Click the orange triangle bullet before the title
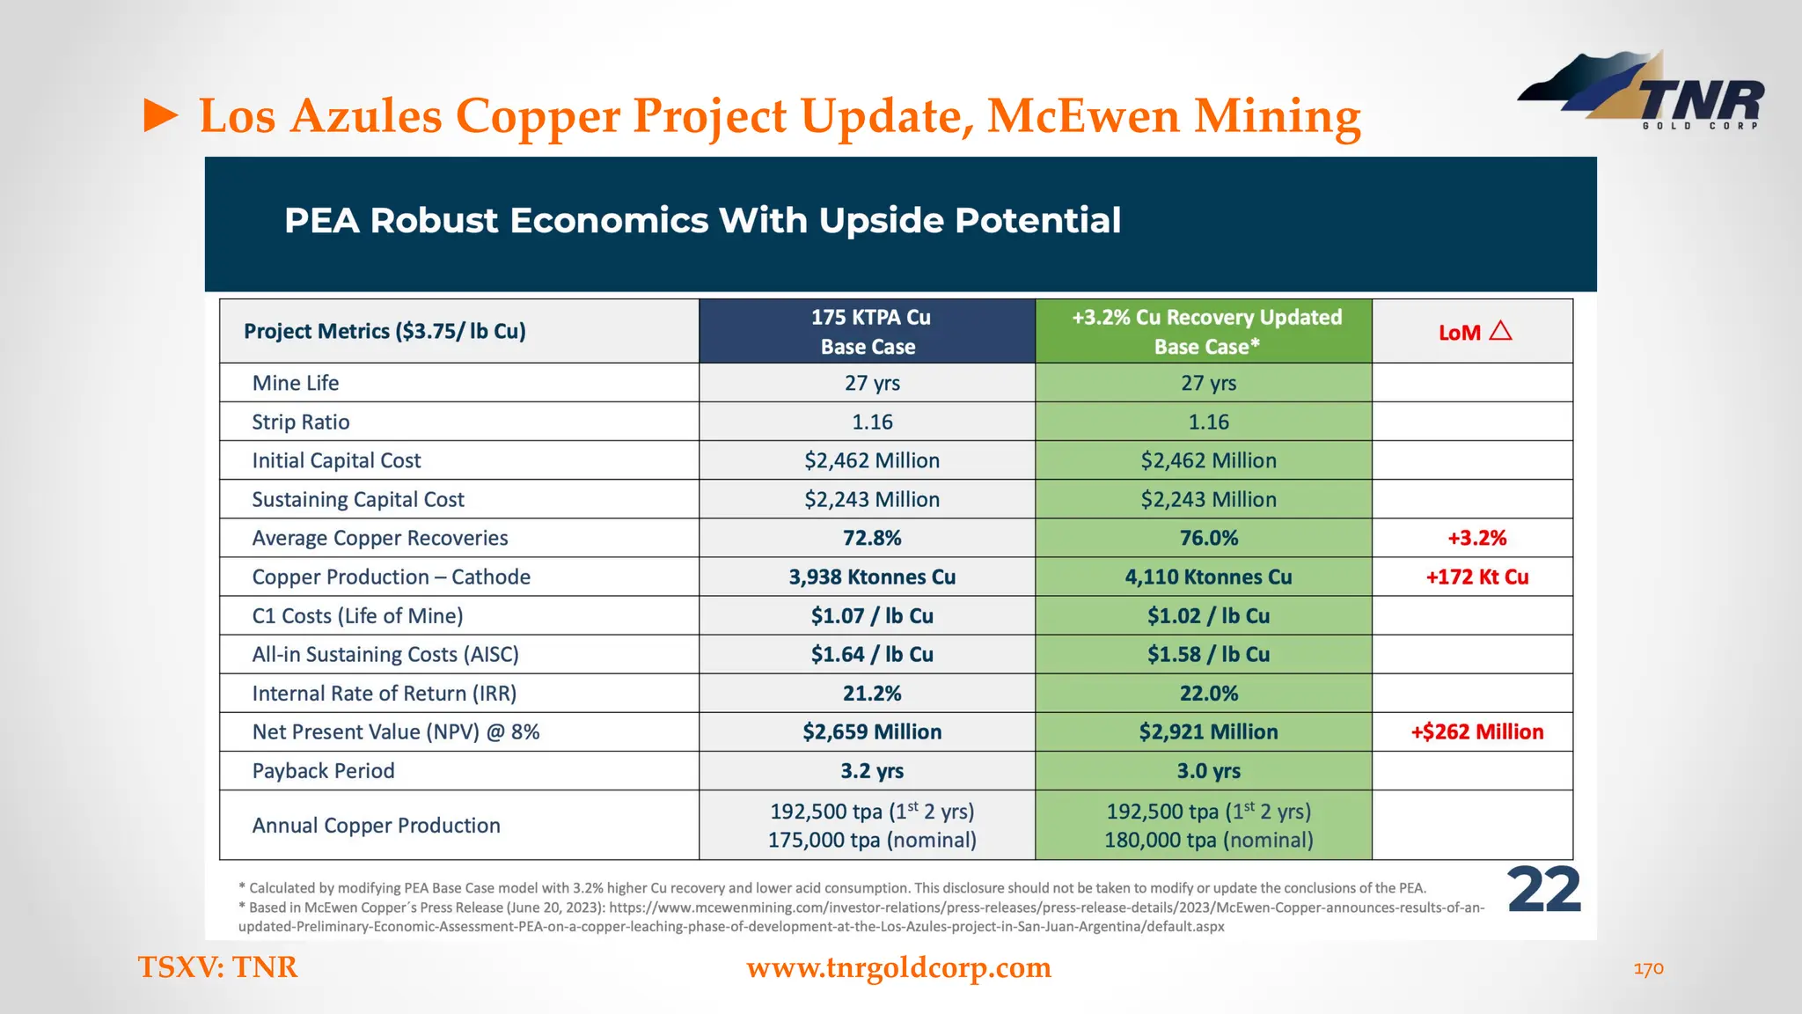point(161,116)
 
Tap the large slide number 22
point(1544,891)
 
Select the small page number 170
point(1648,968)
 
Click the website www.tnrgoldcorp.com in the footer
point(898,967)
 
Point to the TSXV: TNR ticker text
point(218,966)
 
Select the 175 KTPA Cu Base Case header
point(868,332)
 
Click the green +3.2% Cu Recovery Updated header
point(1206,332)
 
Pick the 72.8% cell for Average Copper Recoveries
point(871,538)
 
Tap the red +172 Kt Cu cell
point(1476,577)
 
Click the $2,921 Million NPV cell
point(1207,732)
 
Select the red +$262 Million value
point(1476,732)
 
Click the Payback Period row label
point(323,771)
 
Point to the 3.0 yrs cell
point(1208,771)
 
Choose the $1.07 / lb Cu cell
point(871,616)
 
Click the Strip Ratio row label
point(300,422)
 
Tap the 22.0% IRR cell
point(1208,694)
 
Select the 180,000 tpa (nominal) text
point(1208,841)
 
